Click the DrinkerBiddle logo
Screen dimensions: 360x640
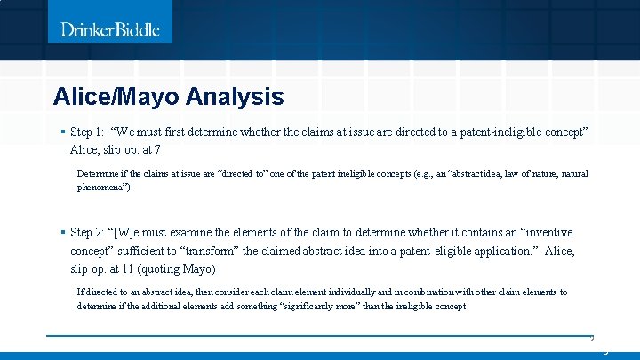click(x=110, y=29)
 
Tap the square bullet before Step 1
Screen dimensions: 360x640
click(x=62, y=132)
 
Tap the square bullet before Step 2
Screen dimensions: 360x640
click(x=62, y=232)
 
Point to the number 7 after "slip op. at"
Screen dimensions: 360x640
click(x=157, y=149)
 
